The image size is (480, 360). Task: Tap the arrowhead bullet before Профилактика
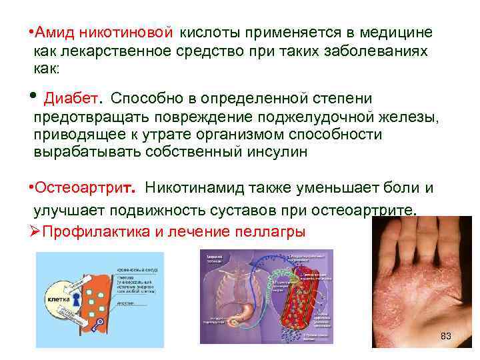37,232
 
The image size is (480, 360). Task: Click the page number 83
446,336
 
